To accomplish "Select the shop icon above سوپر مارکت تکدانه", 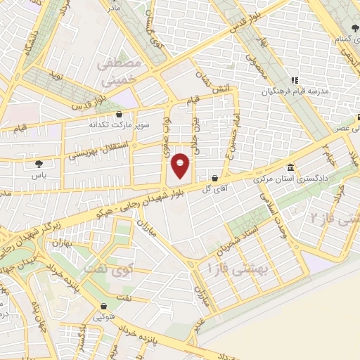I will pyautogui.click(x=118, y=113).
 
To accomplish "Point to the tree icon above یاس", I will pyautogui.click(x=38, y=163).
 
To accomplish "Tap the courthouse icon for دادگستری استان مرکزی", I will pyautogui.click(x=292, y=169).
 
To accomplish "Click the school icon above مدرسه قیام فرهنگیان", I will pyautogui.click(x=295, y=80).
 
